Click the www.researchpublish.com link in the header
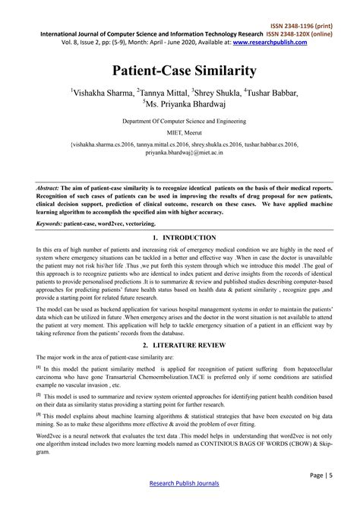pos(270,43)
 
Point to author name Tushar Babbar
pos(271,93)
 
